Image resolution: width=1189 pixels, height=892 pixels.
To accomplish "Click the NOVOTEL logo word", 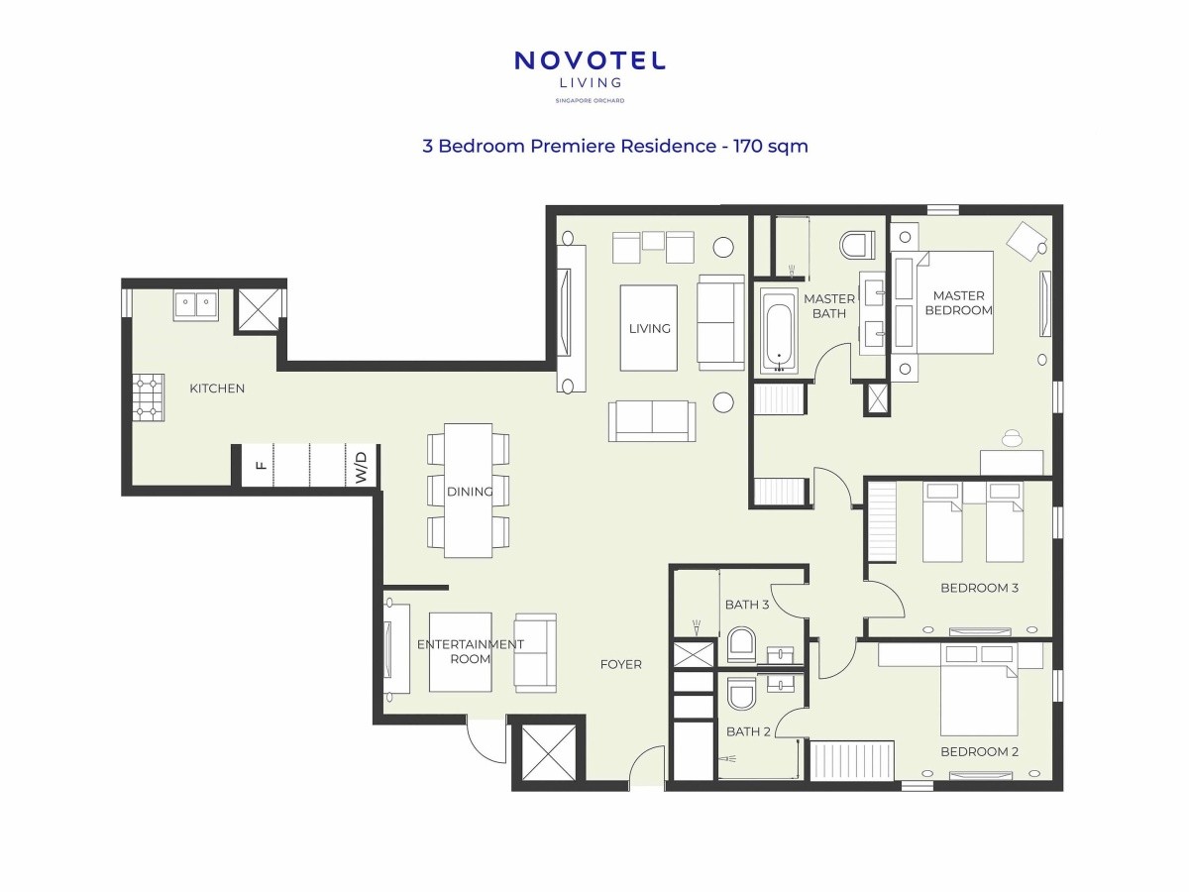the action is (590, 60).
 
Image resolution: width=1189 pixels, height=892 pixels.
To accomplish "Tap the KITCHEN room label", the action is (217, 389).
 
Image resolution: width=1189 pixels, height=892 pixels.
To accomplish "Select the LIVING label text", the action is (649, 328).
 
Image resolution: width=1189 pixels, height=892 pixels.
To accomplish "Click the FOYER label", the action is (621, 664).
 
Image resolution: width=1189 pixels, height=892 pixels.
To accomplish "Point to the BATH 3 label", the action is (747, 605).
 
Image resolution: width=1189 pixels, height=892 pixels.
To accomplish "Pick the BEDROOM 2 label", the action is (979, 751).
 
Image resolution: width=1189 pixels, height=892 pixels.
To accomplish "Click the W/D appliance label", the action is (362, 467).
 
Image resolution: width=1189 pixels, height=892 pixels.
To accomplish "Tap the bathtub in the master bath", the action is (779, 331).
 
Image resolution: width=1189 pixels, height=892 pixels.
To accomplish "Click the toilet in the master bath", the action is (857, 246).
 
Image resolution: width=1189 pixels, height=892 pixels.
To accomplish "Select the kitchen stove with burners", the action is (149, 397).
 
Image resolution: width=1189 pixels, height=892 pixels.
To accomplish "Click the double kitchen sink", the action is (195, 305).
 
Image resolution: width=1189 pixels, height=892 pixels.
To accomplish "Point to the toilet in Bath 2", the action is (741, 694).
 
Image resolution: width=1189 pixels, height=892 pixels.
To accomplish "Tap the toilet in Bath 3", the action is (741, 644).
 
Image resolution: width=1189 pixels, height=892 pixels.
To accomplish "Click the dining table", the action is (468, 491).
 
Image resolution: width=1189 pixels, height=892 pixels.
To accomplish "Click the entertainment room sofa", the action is (535, 652).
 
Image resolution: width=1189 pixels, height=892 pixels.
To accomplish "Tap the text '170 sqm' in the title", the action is (770, 147).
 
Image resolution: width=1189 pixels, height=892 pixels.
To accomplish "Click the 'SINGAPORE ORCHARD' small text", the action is (590, 101).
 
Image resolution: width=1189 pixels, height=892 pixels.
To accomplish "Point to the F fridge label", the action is (262, 465).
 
